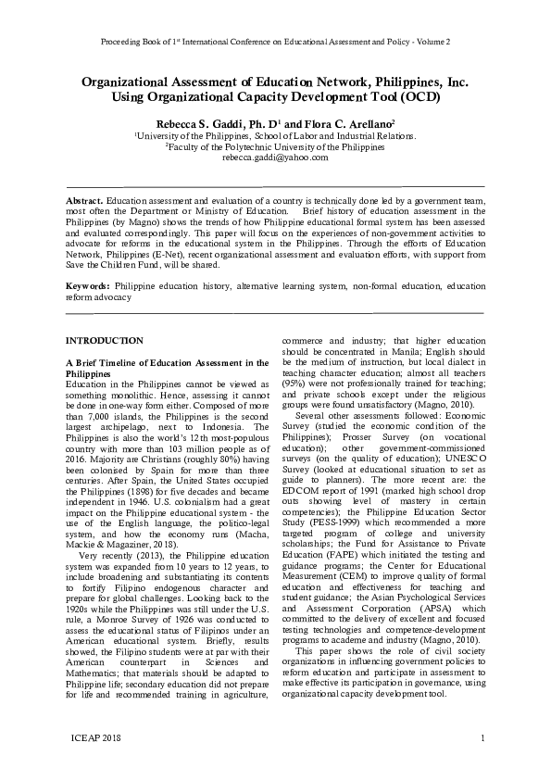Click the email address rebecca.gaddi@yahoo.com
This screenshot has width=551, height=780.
click(274, 158)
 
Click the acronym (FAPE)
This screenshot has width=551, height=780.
click(336, 587)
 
